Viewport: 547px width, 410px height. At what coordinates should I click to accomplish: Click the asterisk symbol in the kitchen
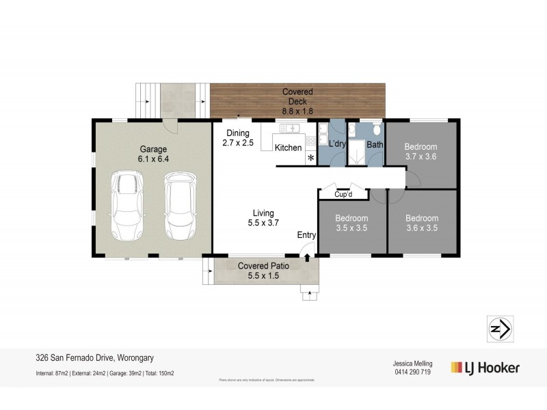[311, 159]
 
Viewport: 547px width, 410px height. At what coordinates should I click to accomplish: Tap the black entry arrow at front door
[307, 258]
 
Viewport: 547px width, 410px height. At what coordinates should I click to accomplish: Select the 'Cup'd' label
[343, 195]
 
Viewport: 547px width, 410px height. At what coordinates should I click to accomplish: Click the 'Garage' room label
[154, 149]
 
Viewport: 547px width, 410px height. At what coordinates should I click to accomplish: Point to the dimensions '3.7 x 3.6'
[421, 156]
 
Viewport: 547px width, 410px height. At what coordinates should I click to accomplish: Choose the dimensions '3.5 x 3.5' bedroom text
[351, 228]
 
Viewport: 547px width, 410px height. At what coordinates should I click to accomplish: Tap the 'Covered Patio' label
[265, 266]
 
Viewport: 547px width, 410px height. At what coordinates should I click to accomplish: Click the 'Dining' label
[238, 133]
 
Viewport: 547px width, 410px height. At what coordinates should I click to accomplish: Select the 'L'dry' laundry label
[337, 146]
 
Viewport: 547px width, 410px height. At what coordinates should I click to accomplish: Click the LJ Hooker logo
[485, 368]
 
